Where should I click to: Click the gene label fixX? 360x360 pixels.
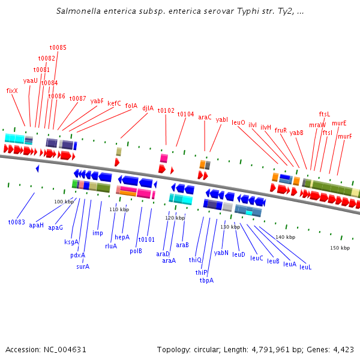[12, 91]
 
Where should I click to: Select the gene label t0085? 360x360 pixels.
[58, 47]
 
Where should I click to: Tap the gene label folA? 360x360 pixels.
[131, 106]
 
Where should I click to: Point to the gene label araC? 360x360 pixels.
[205, 118]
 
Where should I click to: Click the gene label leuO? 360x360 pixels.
[238, 122]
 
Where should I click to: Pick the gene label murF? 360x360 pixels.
[344, 136]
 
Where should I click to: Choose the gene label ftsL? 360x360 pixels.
[325, 114]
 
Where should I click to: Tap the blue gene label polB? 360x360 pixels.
[136, 251]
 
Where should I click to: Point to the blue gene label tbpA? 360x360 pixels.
[206, 280]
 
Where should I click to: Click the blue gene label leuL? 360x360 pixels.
[305, 267]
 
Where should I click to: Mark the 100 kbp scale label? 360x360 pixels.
[64, 202]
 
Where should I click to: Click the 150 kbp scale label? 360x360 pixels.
[340, 248]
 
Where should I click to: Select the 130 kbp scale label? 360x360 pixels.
[230, 227]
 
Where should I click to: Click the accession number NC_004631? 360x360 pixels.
[64, 349]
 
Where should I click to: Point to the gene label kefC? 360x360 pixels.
[114, 103]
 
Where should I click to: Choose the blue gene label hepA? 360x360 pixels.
[122, 237]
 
